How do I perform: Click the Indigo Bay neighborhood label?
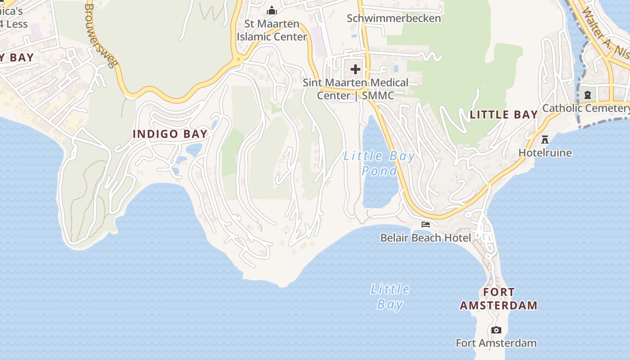pos(170,134)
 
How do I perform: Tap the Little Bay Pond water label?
pos(379,163)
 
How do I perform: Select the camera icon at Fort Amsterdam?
pos(496,330)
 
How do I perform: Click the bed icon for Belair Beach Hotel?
pos(425,225)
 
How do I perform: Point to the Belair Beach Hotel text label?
pos(425,238)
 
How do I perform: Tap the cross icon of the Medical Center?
pos(355,69)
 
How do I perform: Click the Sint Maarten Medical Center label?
pos(355,89)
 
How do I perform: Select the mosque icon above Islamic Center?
pos(272,10)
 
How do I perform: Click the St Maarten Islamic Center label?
pos(271,30)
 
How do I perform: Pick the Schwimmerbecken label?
pos(394,18)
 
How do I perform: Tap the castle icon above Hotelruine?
pos(545,139)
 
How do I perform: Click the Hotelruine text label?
pos(545,153)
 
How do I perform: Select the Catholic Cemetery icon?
pos(588,94)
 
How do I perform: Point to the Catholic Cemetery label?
pos(585,108)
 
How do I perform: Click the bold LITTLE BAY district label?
pos(504,115)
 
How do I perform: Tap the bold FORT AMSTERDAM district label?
pos(499,299)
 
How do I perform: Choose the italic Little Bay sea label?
pos(390,297)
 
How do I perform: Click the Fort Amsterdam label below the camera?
pos(496,343)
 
